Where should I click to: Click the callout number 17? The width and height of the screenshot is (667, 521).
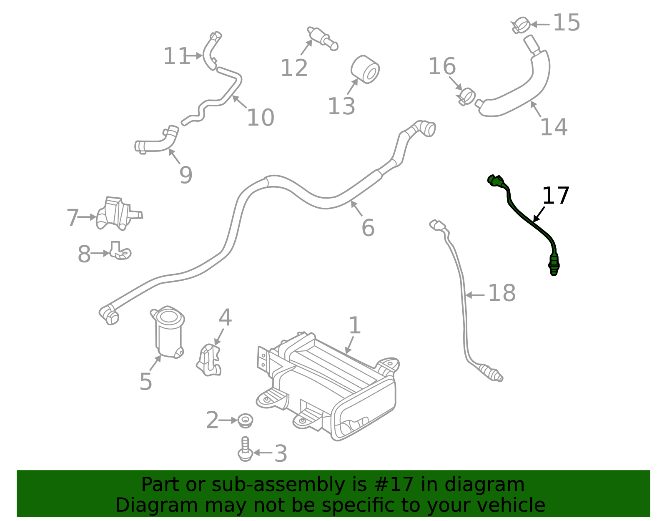(x=555, y=196)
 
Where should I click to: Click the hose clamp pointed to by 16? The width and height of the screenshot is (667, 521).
(x=466, y=96)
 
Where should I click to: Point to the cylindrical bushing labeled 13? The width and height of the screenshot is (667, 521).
(x=366, y=69)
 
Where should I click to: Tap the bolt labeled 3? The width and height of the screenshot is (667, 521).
(x=245, y=450)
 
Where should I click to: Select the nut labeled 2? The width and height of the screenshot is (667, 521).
(x=245, y=420)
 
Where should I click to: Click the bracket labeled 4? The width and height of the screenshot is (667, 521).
(x=209, y=360)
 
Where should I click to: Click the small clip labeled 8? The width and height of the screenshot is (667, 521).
(x=120, y=251)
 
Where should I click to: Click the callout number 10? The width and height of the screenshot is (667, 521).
(x=261, y=118)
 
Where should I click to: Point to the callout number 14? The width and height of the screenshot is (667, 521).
(x=554, y=127)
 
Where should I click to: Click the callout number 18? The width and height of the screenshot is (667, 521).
(x=502, y=293)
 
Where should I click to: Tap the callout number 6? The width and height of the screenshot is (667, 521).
(x=368, y=228)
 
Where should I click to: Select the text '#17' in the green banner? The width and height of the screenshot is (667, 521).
(x=394, y=485)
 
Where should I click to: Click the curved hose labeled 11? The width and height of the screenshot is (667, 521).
(x=210, y=52)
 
